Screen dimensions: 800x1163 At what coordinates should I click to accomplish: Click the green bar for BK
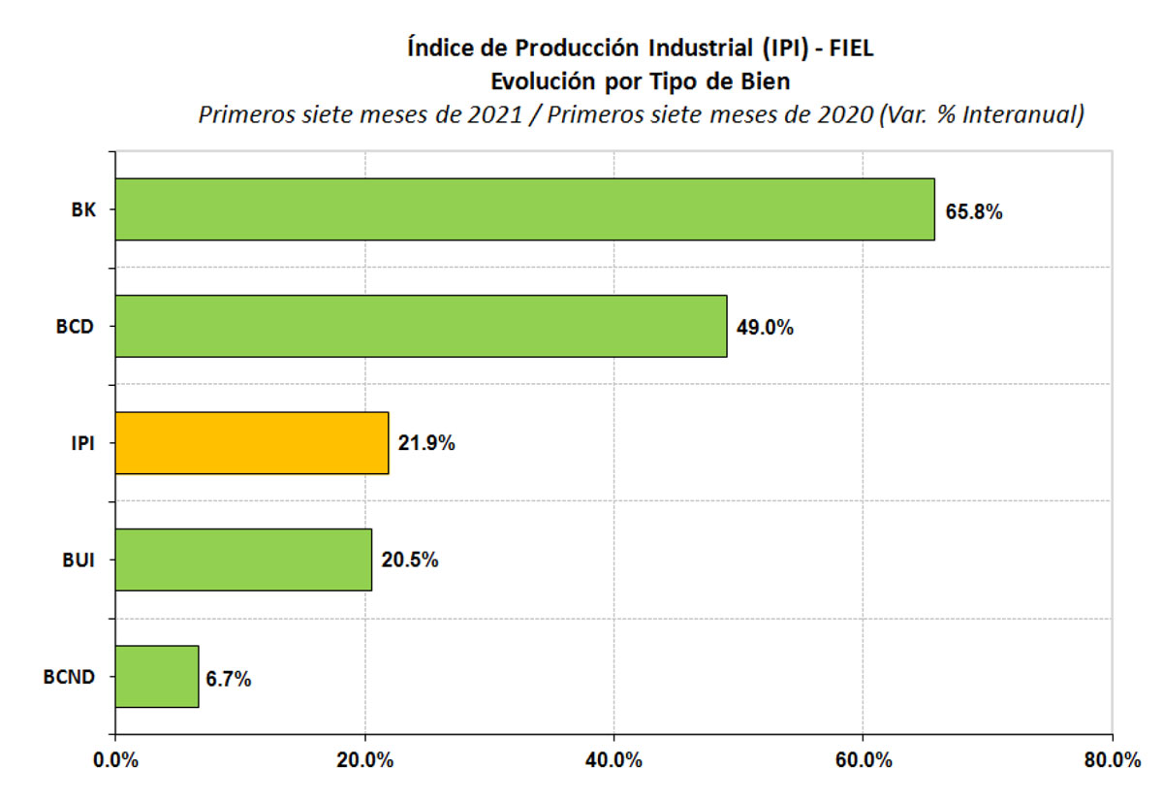tap(524, 208)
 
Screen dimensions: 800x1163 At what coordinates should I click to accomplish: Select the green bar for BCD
tap(421, 326)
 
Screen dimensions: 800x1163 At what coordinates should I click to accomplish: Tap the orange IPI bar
tap(252, 443)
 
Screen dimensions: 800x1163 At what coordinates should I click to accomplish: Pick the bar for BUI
tap(243, 560)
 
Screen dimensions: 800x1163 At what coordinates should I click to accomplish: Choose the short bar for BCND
tap(157, 676)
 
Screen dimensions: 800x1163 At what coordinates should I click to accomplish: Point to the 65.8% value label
tap(974, 211)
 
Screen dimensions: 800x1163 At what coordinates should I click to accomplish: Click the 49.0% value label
tap(766, 328)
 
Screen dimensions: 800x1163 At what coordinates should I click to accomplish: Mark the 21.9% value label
tap(426, 444)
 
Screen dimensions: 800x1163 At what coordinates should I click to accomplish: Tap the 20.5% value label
tap(410, 560)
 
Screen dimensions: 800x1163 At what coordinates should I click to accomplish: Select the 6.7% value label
tap(229, 679)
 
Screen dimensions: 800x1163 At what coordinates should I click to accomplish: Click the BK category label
tap(83, 209)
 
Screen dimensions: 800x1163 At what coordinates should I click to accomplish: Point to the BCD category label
tap(75, 327)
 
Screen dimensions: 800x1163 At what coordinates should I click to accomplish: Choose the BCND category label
tap(69, 677)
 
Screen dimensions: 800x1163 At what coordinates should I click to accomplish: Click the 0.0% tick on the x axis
tap(115, 761)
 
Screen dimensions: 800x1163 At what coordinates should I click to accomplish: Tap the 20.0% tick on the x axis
tap(365, 761)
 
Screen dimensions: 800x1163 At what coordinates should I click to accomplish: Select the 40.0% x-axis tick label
tap(614, 761)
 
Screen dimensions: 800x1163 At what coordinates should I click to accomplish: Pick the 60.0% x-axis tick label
tap(864, 761)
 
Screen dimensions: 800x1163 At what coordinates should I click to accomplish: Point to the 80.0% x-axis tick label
tap(1113, 761)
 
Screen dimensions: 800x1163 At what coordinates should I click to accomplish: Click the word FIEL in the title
tap(851, 48)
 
